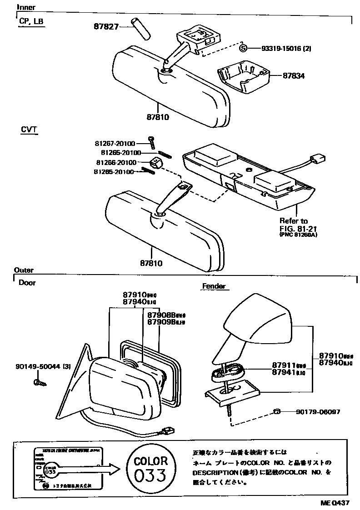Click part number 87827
pyautogui.click(x=102, y=27)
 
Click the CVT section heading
pyautogui.click(x=29, y=130)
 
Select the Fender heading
pyautogui.click(x=213, y=286)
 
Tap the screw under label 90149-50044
pyautogui.click(x=40, y=383)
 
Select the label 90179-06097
pyautogui.click(x=317, y=412)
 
